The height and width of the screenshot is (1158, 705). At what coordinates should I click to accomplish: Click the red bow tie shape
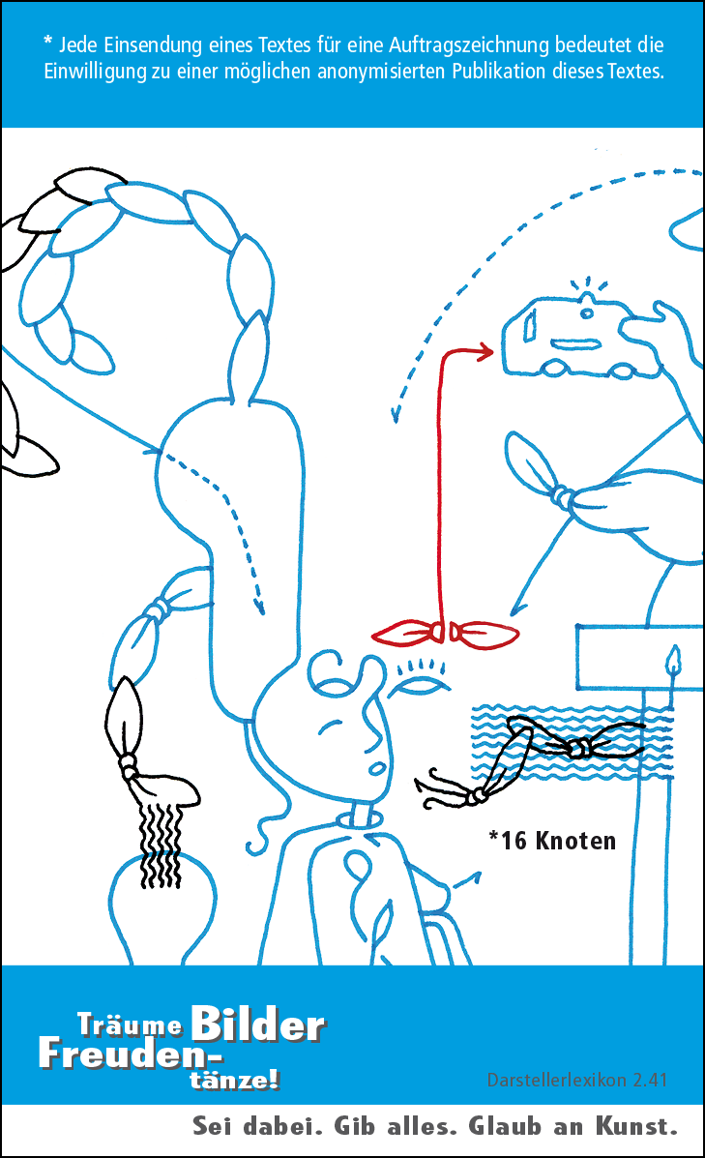(x=446, y=634)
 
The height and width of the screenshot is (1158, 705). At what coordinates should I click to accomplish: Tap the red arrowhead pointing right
(x=485, y=353)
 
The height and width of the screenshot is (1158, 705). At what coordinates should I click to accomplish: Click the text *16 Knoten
(x=552, y=840)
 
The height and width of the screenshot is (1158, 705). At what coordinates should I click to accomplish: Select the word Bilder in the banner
(x=257, y=1024)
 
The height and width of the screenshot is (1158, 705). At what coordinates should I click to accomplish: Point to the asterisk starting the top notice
(x=47, y=42)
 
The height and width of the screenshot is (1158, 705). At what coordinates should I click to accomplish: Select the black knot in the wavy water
(x=579, y=749)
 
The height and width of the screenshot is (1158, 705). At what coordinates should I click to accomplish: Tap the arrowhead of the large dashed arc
(x=397, y=414)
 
